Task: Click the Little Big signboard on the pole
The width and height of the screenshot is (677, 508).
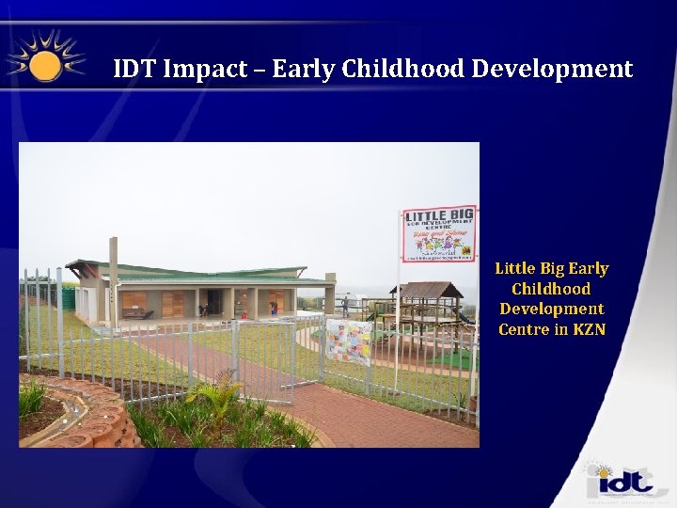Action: tap(439, 233)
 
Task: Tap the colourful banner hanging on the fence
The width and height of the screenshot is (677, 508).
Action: tap(348, 341)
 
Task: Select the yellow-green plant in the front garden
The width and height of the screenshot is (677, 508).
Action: tap(222, 395)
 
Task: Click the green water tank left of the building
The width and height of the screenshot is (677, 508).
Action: tap(67, 299)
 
